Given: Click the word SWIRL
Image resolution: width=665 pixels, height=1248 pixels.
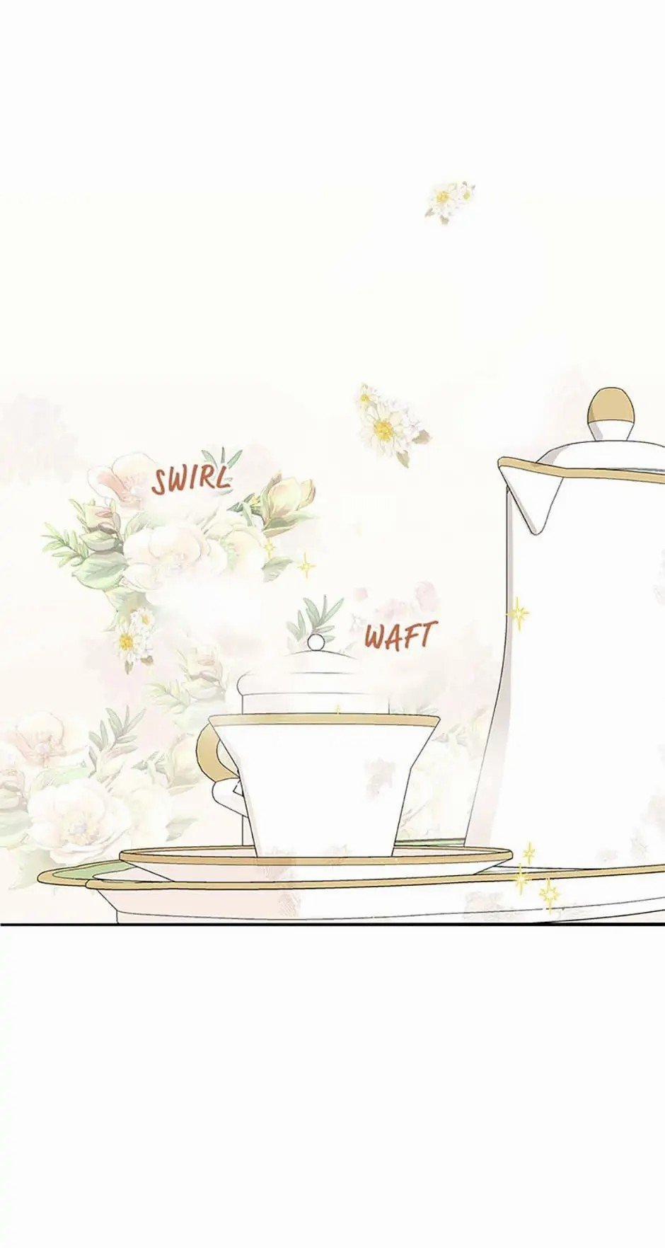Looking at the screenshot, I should pos(191,479).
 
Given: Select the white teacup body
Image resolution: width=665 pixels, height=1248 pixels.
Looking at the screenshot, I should pos(325,785).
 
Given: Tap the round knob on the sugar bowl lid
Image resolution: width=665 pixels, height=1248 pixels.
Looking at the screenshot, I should pos(316,642).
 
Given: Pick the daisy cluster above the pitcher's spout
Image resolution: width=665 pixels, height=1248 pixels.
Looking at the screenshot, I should pos(386,424).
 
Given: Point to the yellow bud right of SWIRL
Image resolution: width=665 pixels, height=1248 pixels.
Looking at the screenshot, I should pos(287,496).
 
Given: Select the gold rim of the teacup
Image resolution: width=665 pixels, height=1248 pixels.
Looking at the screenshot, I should pos(324,721).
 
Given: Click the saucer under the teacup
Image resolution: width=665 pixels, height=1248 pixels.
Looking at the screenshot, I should pos(315,857).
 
